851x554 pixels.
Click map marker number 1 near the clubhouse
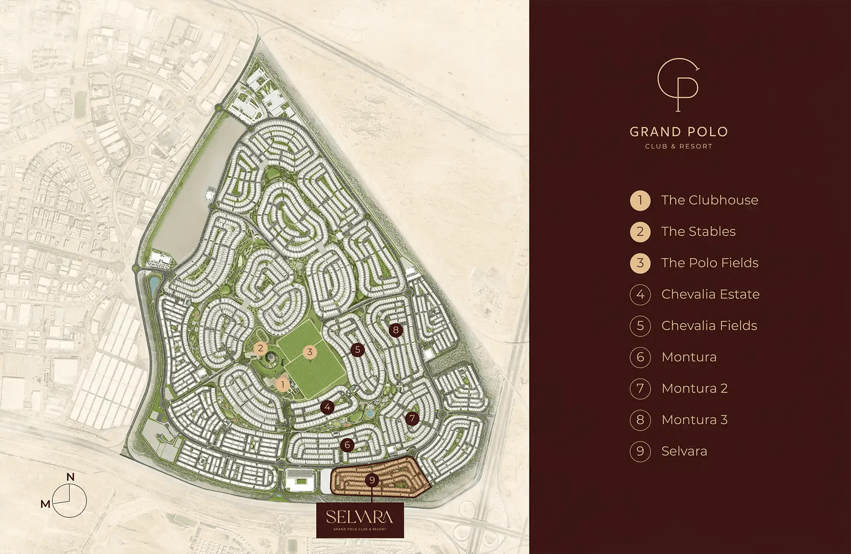click(x=283, y=385)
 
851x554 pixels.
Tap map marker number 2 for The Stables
click(x=260, y=348)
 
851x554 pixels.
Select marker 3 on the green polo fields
click(x=310, y=351)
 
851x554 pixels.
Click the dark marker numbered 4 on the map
click(x=327, y=407)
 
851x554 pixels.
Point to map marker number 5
click(x=357, y=350)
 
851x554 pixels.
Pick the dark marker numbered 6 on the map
click(x=347, y=445)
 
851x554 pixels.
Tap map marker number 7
click(x=412, y=418)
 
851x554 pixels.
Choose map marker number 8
click(x=396, y=330)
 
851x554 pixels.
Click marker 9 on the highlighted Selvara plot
click(x=372, y=480)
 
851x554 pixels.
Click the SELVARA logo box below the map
click(x=360, y=520)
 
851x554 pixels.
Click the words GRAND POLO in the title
click(x=679, y=132)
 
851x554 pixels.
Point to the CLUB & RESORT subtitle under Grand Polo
click(x=679, y=146)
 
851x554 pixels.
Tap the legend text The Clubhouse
click(x=709, y=200)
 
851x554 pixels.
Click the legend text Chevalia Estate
click(x=710, y=294)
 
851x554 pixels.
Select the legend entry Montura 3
click(x=694, y=420)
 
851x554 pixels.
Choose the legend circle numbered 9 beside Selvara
click(x=640, y=451)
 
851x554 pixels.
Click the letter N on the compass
click(x=71, y=477)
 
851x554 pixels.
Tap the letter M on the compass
click(x=46, y=504)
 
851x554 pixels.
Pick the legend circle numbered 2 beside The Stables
click(x=640, y=231)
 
